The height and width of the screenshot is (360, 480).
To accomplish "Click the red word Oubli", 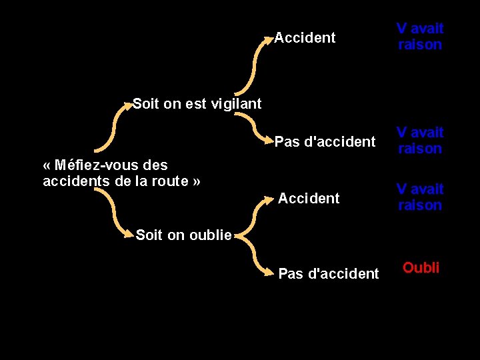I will (x=421, y=268).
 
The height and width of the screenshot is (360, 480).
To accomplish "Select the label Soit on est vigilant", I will (x=197, y=103).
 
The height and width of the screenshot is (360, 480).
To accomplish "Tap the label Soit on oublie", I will (x=184, y=235).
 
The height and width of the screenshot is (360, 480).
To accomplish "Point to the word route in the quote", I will (x=171, y=181).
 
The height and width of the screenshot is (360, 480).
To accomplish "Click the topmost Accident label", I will (x=305, y=38).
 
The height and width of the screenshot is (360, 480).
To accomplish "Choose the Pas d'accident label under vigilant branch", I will (x=325, y=142).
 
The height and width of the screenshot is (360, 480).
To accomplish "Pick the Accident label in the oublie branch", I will (x=309, y=198).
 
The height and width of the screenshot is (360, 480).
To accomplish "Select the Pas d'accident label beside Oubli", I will (x=328, y=273).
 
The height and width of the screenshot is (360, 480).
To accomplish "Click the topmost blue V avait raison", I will (x=420, y=37).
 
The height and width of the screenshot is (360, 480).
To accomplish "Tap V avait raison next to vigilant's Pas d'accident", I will (x=420, y=141).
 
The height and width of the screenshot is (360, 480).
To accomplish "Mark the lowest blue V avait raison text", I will (x=420, y=197).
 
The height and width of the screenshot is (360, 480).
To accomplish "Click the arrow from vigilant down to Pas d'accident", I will (x=252, y=127).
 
